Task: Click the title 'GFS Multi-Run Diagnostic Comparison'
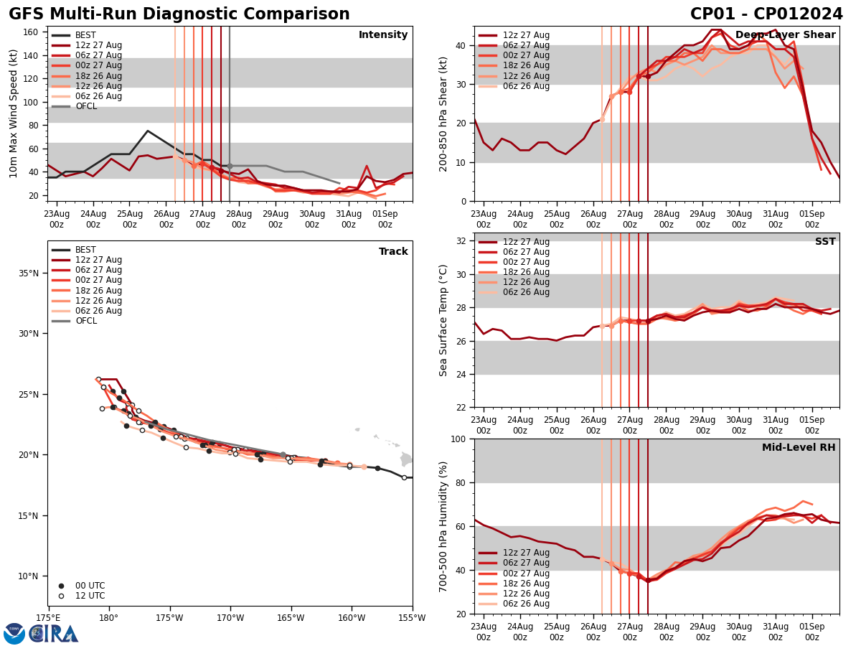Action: click(179, 14)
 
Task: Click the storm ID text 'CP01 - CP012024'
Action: click(766, 14)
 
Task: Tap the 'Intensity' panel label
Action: click(383, 35)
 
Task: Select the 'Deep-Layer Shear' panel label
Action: click(785, 35)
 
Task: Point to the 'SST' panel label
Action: click(825, 242)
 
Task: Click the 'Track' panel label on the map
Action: click(393, 252)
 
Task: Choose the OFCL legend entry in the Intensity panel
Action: click(86, 106)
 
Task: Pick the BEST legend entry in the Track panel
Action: click(85, 250)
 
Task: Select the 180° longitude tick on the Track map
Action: click(108, 618)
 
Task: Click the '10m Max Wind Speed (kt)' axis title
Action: click(14, 113)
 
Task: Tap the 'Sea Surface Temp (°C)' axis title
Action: click(443, 320)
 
